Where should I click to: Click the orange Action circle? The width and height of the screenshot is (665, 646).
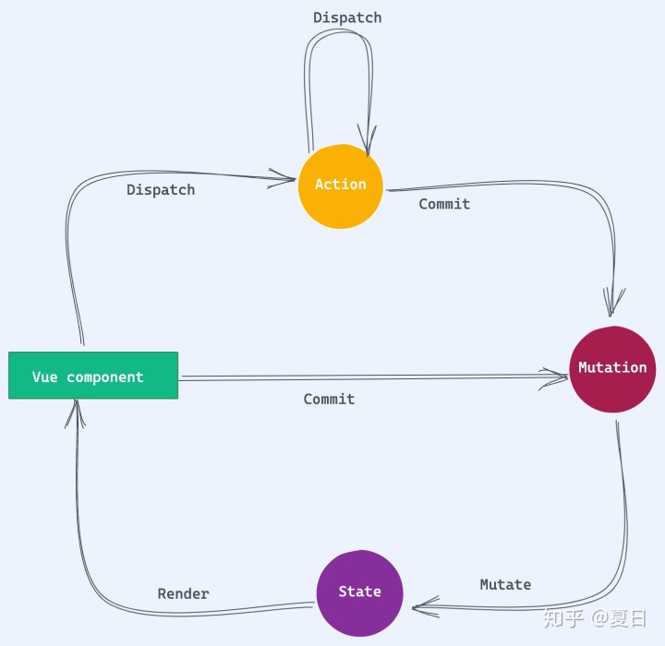[340, 185]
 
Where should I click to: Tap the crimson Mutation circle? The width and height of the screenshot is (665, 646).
[612, 368]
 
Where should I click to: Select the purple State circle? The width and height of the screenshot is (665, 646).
[359, 592]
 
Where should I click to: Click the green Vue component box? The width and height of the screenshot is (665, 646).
[93, 376]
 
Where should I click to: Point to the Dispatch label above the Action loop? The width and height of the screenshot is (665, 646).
[347, 18]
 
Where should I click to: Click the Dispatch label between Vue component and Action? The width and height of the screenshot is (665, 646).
[161, 190]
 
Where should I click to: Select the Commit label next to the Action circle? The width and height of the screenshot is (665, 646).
[444, 204]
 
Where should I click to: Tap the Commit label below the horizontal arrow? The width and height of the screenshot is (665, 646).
[329, 399]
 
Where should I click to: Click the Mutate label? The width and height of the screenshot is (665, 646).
[505, 584]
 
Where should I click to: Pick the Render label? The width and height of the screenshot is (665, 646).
[183, 593]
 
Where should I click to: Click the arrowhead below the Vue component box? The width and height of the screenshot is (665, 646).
[77, 413]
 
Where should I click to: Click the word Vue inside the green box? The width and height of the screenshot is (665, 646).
[44, 377]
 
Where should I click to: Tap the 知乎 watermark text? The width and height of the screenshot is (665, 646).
[562, 618]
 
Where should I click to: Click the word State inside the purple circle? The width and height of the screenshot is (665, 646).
[359, 592]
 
